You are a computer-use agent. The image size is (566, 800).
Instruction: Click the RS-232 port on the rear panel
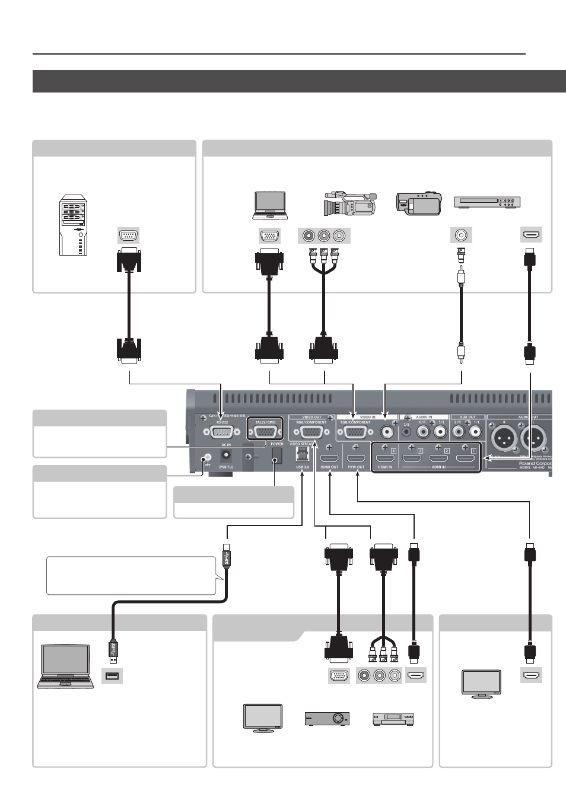222,432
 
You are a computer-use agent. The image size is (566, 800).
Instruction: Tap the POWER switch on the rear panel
276,454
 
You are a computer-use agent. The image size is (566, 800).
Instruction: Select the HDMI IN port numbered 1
465,458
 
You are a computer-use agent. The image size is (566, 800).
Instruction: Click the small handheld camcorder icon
419,203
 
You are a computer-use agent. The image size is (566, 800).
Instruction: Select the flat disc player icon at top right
487,202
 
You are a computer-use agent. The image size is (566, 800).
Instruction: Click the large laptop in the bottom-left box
65,666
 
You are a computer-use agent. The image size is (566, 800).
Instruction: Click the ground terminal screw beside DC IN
208,458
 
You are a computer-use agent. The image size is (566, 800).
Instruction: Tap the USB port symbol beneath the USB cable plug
112,675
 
